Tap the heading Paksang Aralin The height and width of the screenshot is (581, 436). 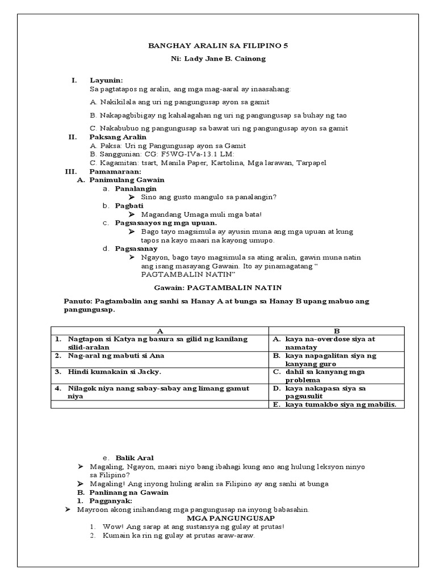click(118, 137)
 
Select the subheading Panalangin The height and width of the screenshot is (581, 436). click(136, 188)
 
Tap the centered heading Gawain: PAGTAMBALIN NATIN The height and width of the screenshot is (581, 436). click(218, 288)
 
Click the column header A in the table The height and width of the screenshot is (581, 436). click(160, 330)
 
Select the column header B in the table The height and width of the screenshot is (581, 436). click(336, 330)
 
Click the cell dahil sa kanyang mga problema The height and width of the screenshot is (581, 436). click(325, 376)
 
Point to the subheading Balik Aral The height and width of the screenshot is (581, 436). click(135, 457)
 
